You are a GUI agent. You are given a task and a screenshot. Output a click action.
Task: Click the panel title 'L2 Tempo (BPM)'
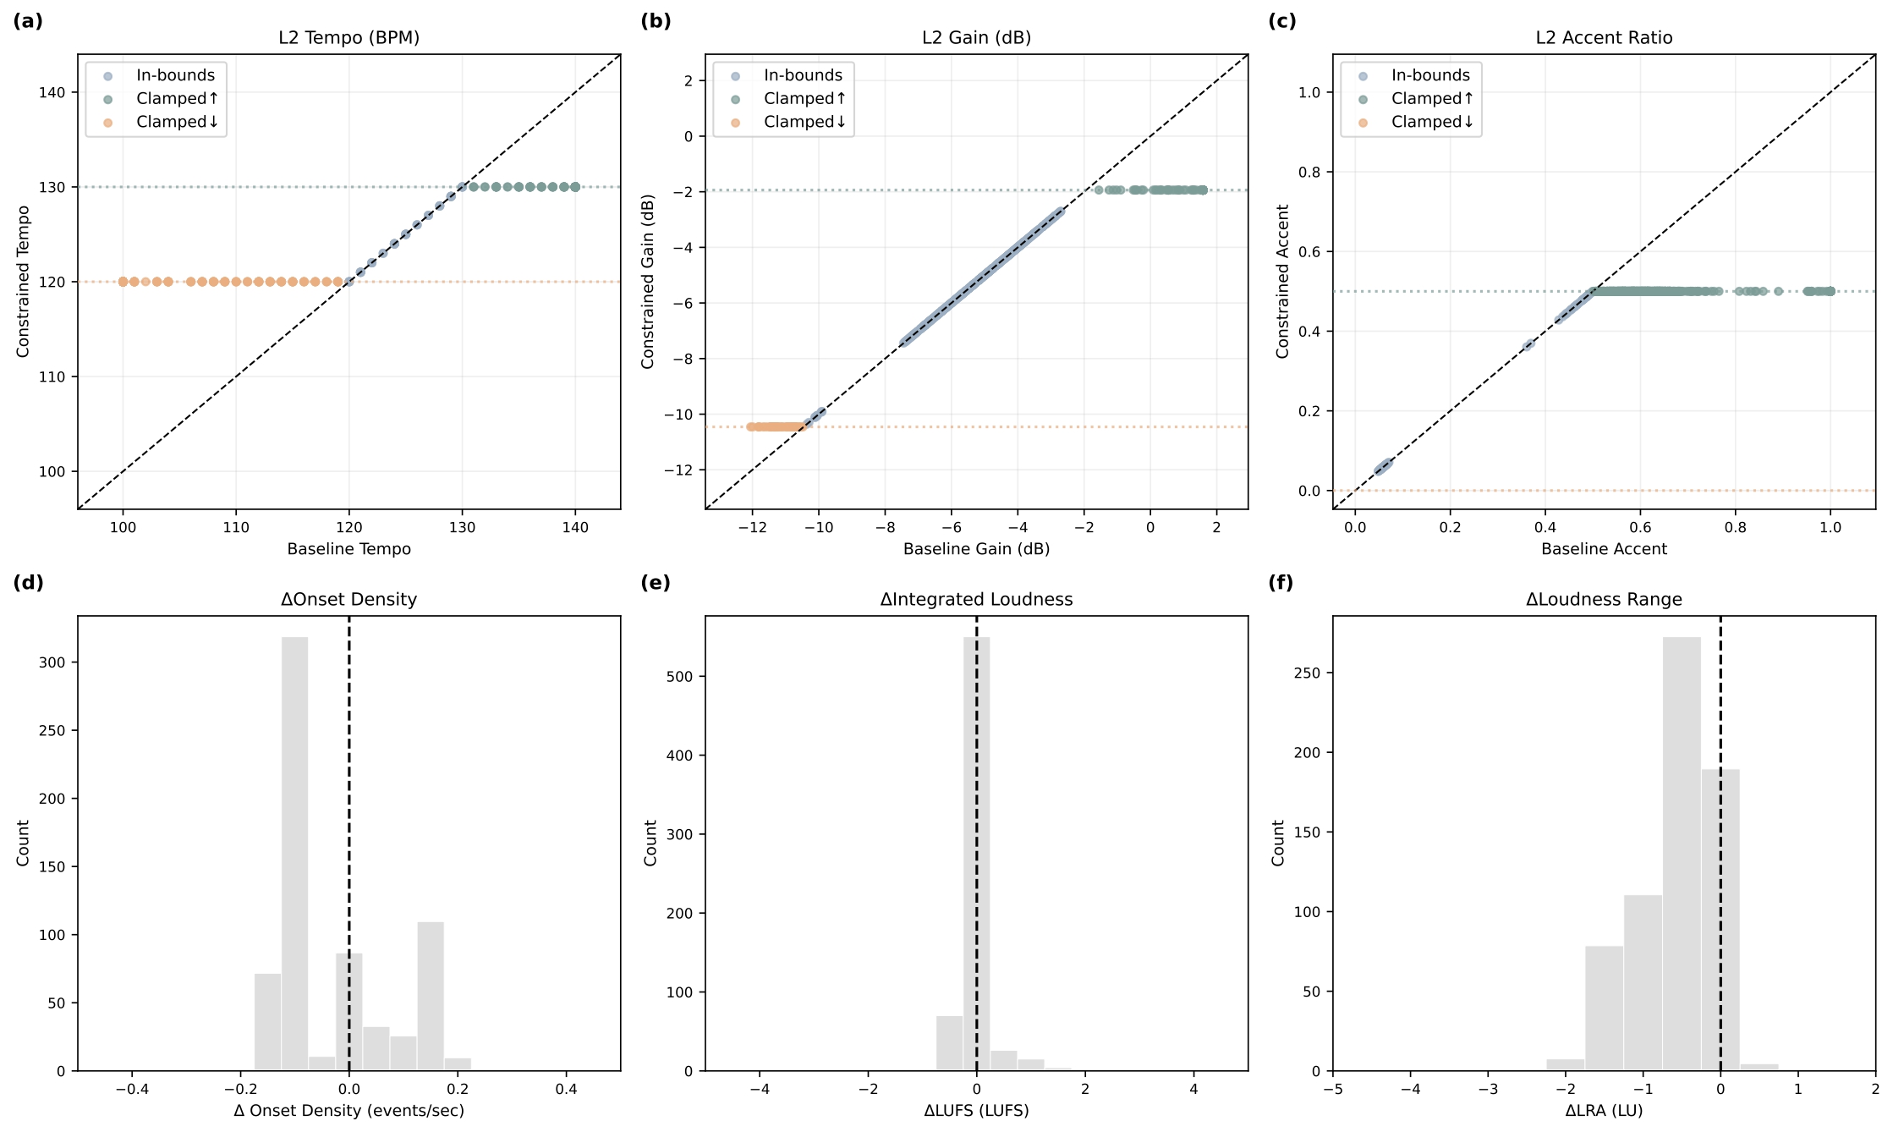tap(348, 38)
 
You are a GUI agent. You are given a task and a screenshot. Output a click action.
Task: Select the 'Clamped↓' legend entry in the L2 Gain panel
tap(804, 122)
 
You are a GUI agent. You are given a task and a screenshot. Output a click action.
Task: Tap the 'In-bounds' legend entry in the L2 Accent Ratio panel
tap(1430, 75)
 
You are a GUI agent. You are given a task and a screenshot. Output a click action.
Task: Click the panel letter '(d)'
tap(28, 582)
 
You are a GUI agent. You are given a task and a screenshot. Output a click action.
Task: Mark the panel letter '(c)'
tap(1282, 21)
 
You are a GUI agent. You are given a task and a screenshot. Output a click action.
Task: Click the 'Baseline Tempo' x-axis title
tap(348, 549)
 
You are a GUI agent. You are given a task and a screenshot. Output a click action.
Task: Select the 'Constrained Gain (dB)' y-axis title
tap(648, 282)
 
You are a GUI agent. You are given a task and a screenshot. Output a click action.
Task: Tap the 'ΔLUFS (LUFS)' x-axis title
tap(976, 1111)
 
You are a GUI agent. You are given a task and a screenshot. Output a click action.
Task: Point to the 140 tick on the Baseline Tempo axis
tap(575, 527)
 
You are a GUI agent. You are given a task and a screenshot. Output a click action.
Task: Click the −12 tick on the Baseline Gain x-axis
tap(752, 527)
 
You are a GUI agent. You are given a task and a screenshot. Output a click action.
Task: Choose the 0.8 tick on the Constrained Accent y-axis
tap(1309, 172)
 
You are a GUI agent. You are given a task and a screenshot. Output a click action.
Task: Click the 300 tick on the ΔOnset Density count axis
tap(52, 662)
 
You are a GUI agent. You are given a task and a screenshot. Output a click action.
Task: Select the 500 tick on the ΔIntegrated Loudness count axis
tap(680, 676)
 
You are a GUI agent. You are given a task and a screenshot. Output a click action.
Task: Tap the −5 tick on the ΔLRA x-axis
tap(1333, 1089)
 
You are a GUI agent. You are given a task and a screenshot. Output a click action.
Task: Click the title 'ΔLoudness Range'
tap(1604, 600)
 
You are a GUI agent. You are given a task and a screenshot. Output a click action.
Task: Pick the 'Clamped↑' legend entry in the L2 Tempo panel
tap(176, 99)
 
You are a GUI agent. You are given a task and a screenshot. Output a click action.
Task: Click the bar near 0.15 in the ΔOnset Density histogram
tap(431, 996)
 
